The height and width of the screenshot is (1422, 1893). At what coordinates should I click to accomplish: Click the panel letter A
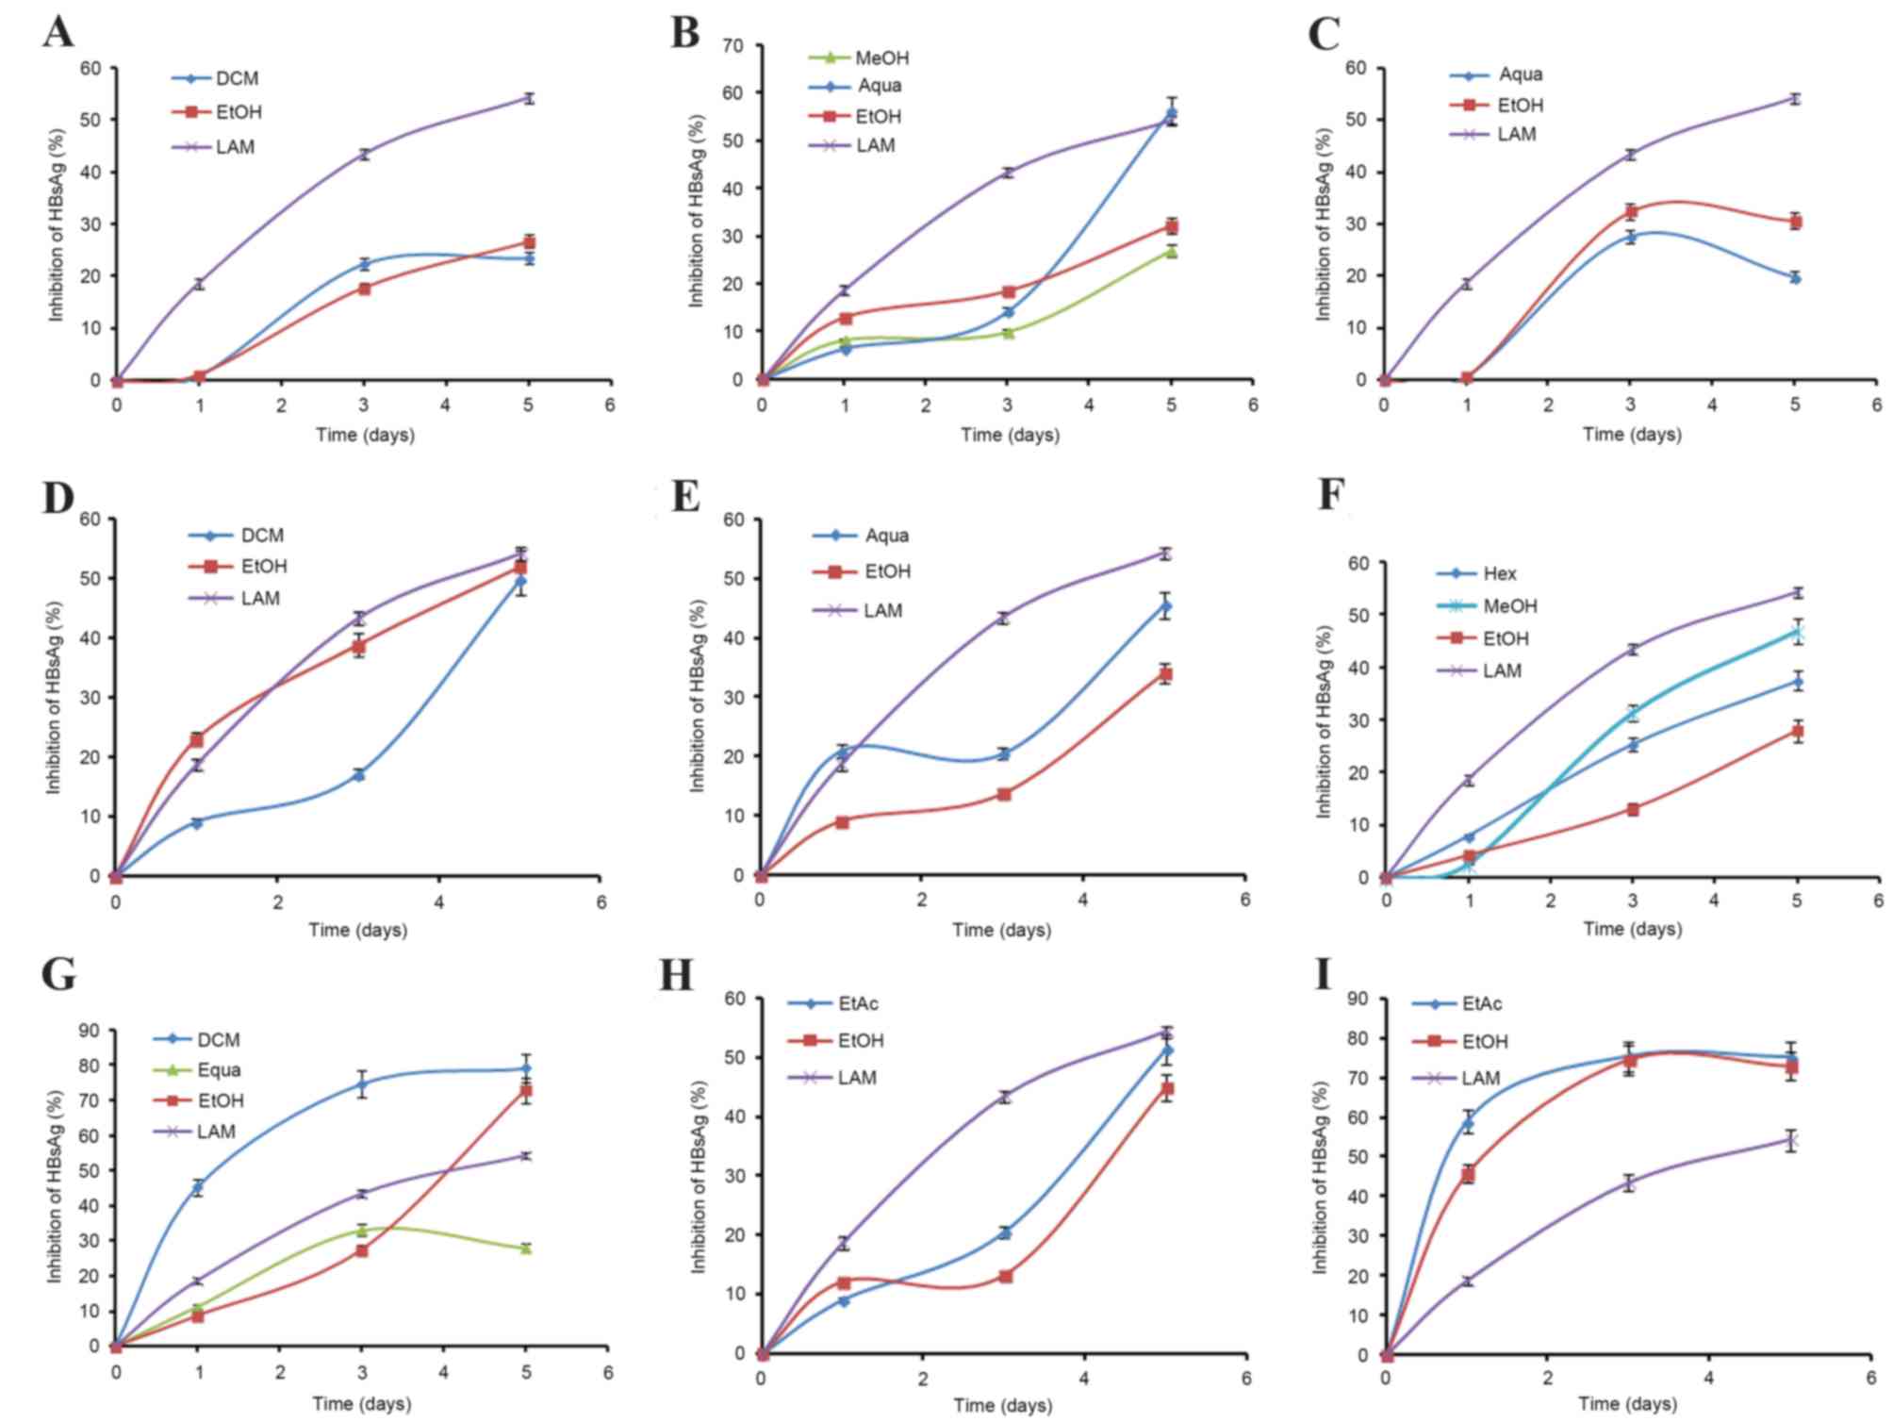pyautogui.click(x=58, y=32)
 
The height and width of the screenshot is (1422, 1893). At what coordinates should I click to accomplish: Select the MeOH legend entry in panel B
pyautogui.click(x=881, y=58)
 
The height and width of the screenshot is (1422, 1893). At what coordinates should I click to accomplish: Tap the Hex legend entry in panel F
pyautogui.click(x=1499, y=573)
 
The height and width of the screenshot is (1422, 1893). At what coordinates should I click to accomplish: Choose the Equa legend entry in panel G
pyautogui.click(x=218, y=1069)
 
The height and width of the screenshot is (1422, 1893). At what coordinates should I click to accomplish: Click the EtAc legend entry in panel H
pyautogui.click(x=857, y=1003)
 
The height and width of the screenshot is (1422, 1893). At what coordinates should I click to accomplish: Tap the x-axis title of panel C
pyautogui.click(x=1632, y=434)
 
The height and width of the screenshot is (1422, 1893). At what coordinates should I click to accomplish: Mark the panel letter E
pyautogui.click(x=685, y=494)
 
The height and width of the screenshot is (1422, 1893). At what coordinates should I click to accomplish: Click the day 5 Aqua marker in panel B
pyautogui.click(x=1172, y=114)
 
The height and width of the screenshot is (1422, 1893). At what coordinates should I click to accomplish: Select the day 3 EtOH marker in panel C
pyautogui.click(x=1630, y=211)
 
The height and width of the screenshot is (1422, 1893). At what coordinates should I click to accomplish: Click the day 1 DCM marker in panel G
pyautogui.click(x=198, y=1187)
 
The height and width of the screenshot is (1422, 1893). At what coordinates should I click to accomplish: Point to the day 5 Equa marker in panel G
pyautogui.click(x=526, y=1248)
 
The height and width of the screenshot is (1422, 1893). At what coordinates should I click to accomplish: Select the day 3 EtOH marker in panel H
pyautogui.click(x=1006, y=1276)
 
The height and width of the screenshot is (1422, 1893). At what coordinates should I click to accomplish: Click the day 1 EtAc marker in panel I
pyautogui.click(x=1468, y=1122)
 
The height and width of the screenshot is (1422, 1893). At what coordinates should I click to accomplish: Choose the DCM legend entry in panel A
pyautogui.click(x=236, y=78)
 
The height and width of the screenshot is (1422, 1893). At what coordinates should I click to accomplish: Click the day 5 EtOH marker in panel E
pyautogui.click(x=1165, y=673)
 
